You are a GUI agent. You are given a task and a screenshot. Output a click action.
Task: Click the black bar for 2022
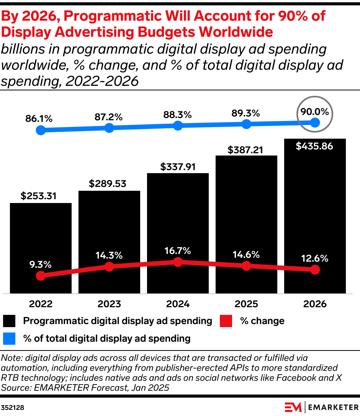pos(41,237)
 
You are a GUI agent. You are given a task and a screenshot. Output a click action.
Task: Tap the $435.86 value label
pos(314,146)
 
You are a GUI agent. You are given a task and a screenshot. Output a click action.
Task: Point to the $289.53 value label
pos(109,183)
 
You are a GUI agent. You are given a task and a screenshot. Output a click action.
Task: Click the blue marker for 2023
pos(109,128)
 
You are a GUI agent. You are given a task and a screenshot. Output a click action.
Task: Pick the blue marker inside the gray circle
pos(315,123)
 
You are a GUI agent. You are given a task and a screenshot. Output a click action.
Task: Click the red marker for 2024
pos(178,262)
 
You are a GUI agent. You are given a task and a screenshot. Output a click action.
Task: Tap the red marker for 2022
pos(41,276)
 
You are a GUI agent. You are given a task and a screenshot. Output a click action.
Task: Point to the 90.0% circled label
pos(315,112)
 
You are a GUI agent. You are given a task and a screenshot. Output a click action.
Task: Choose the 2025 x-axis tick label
pos(246,304)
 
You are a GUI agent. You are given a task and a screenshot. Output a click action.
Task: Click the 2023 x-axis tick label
pos(109,304)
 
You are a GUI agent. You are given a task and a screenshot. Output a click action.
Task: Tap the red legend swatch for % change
pos(226,321)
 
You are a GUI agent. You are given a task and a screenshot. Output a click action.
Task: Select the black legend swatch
pos(10,321)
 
